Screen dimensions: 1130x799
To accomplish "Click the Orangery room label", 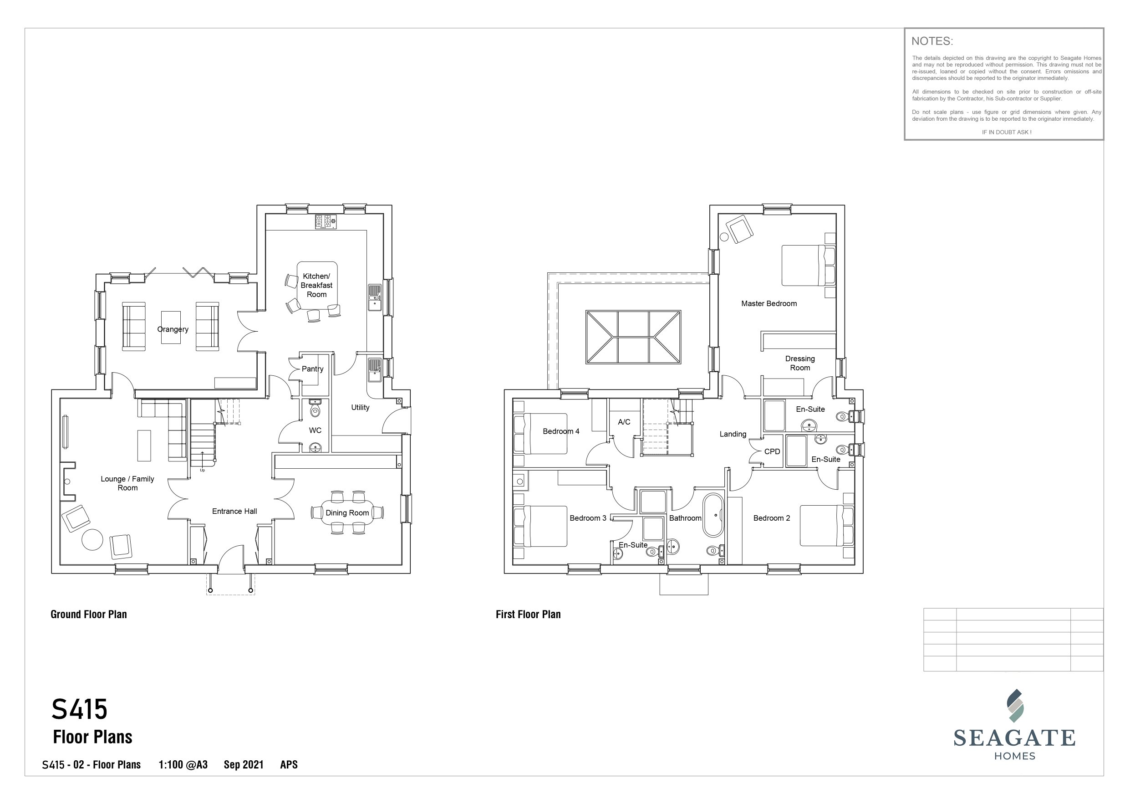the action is pos(173,329).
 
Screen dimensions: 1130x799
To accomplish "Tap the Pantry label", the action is pos(312,369).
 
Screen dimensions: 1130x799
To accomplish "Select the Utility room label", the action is pos(360,407).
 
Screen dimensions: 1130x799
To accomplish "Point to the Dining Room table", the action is pos(347,512).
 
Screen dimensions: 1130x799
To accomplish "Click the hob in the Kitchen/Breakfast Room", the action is pos(326,221).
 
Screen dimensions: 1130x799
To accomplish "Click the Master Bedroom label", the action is pos(769,304).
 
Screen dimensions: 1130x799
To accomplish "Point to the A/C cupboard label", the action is pos(624,422).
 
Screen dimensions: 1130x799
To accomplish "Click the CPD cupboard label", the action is pos(772,451).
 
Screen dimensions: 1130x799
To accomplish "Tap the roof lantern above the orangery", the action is pos(633,337).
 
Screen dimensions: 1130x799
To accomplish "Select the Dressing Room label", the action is pos(800,364).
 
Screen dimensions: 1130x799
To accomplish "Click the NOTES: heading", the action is pos(932,41).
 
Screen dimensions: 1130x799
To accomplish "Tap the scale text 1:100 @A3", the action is pos(183,764).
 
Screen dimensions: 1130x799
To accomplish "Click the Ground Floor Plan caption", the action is pos(89,615).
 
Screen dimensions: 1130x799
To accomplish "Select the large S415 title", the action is pos(80,709).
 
